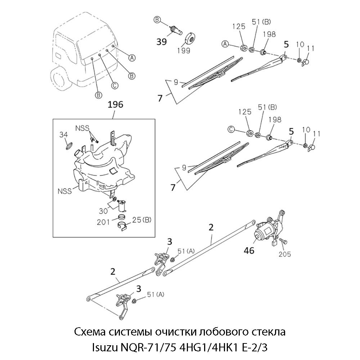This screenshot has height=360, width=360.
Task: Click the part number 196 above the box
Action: [116, 104]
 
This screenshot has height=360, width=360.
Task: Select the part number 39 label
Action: [162, 42]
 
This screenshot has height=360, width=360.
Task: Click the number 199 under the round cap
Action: [184, 50]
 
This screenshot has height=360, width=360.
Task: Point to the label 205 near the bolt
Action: [285, 254]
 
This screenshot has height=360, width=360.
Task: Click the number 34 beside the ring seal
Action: [63, 135]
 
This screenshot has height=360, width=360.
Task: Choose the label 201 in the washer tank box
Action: [103, 222]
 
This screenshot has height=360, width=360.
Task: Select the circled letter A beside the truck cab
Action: [132, 57]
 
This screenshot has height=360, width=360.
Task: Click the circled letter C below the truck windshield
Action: [114, 85]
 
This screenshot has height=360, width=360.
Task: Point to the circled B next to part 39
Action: [157, 19]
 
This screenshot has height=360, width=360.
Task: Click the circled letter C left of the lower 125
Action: [231, 129]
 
